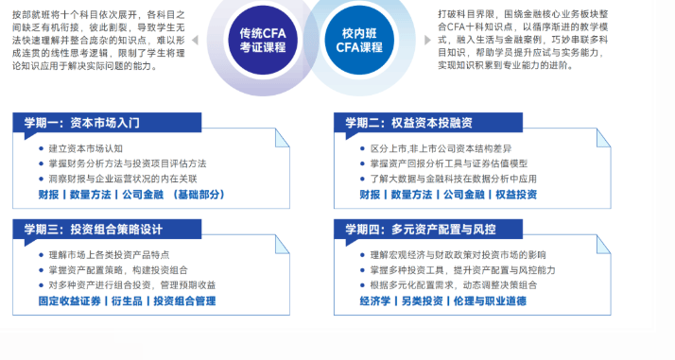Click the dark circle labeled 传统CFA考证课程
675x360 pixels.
263,40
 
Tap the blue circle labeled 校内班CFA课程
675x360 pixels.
359,40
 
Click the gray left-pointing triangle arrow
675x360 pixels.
195,40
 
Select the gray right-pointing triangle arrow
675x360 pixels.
427,40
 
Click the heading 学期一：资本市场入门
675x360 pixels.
82,123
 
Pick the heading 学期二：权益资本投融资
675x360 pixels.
409,123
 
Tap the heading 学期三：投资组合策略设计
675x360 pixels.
94,230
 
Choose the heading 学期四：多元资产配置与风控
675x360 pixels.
421,230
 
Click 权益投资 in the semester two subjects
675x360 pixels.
516,195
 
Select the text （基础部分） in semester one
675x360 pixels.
199,195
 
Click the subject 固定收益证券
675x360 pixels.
69,300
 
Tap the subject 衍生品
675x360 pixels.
127,300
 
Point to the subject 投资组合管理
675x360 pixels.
184,300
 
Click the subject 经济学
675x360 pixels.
375,300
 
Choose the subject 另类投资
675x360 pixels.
422,300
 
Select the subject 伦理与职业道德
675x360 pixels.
490,300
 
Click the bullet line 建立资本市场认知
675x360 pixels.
86,148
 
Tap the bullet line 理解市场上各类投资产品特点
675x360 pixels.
109,255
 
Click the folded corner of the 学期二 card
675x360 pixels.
603,139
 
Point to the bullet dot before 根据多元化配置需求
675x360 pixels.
362,285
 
